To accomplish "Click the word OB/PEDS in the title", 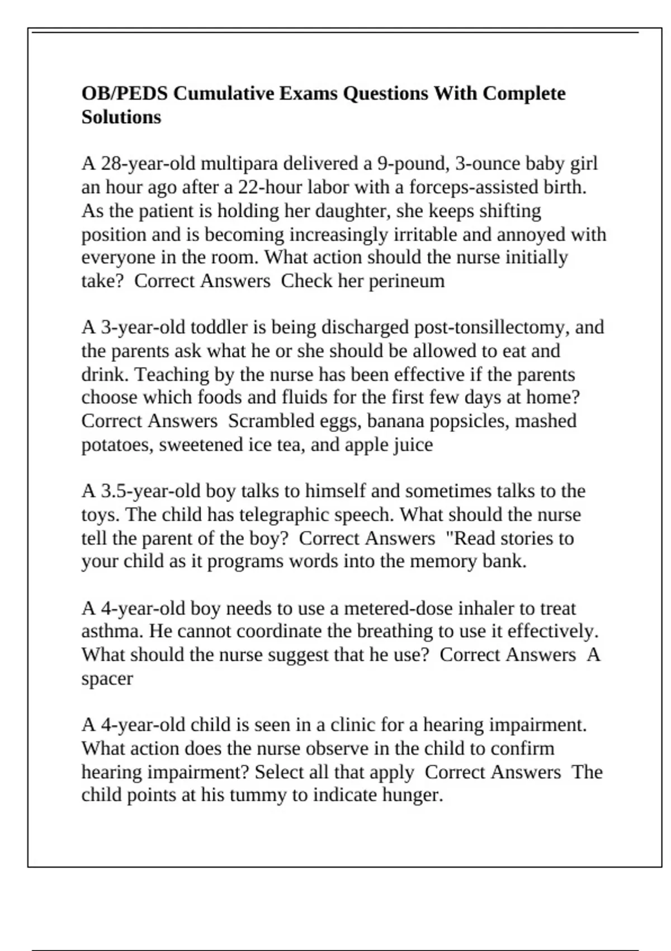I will (124, 93).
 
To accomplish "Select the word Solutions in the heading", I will (121, 117).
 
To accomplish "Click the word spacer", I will (107, 679).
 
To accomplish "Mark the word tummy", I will (260, 795).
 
